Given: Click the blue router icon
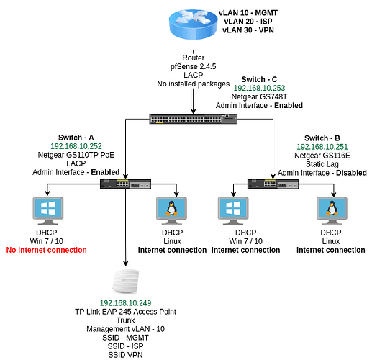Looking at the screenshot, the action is pyautogui.click(x=193, y=24).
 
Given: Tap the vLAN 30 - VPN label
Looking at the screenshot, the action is pyautogui.click(x=248, y=30).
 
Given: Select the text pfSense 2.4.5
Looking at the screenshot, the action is pyautogui.click(x=193, y=66).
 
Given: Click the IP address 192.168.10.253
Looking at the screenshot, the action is pyautogui.click(x=259, y=88).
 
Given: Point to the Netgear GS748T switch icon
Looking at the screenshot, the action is pyautogui.click(x=194, y=119).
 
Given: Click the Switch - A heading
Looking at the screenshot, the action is pyautogui.click(x=76, y=138).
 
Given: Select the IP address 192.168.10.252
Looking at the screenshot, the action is pyautogui.click(x=76, y=146).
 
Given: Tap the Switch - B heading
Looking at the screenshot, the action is pyautogui.click(x=322, y=138).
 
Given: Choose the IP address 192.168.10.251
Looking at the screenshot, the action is pyautogui.click(x=322, y=147).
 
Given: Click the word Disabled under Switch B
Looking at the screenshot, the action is pyautogui.click(x=351, y=173).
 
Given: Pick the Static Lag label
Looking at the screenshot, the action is pyautogui.click(x=322, y=164).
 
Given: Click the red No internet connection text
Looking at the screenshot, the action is pyautogui.click(x=47, y=250).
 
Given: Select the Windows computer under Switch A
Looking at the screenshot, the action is pyautogui.click(x=48, y=211).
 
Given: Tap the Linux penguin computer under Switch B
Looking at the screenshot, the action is pyautogui.click(x=332, y=211).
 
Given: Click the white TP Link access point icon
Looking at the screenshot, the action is pyautogui.click(x=125, y=281).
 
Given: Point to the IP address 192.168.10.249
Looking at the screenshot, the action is pyautogui.click(x=125, y=303).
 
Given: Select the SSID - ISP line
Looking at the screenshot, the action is pyautogui.click(x=125, y=346).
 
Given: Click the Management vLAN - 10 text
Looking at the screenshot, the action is pyautogui.click(x=125, y=329).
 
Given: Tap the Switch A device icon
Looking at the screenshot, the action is pyautogui.click(x=125, y=184).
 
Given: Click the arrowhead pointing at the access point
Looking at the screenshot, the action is pyautogui.click(x=125, y=264).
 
